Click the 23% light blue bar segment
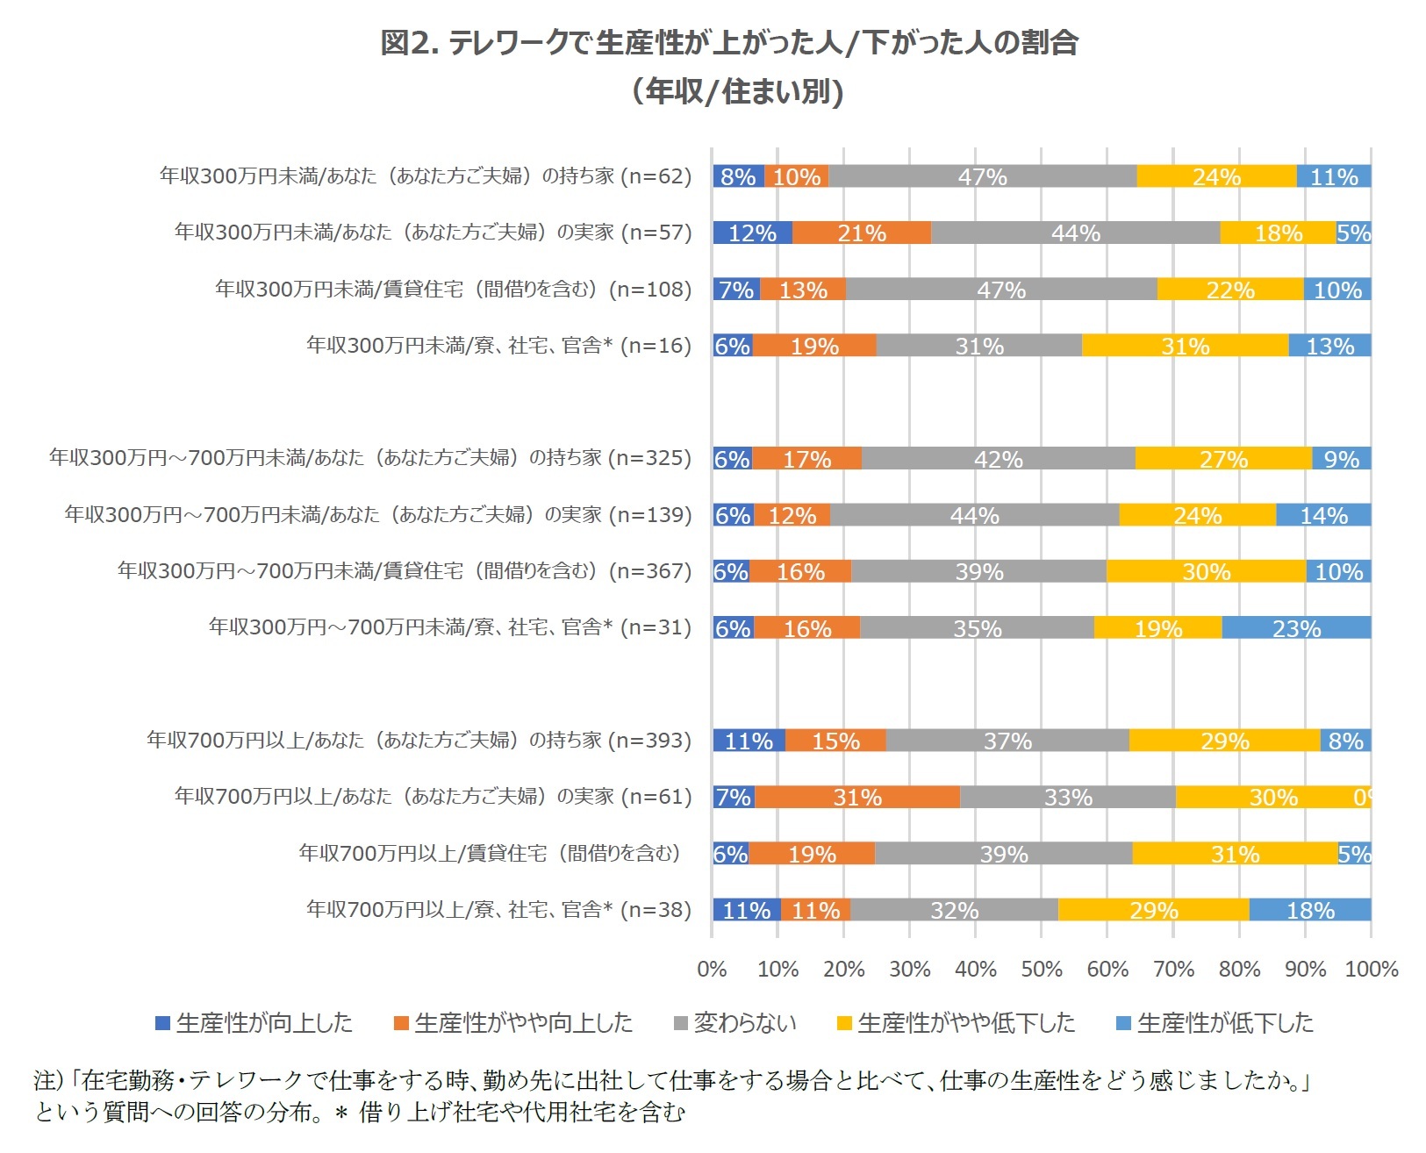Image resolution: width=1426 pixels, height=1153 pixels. pyautogui.click(x=1296, y=627)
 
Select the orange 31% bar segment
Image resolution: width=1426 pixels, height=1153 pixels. pyautogui.click(x=857, y=797)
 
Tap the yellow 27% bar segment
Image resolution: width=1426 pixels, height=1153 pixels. pyautogui.click(x=1223, y=458)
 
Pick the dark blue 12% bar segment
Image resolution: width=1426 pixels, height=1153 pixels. pyautogui.click(x=752, y=233)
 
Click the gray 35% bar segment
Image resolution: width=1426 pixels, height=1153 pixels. pyautogui.click(x=977, y=627)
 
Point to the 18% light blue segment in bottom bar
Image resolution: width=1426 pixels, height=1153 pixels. pyautogui.click(x=1309, y=910)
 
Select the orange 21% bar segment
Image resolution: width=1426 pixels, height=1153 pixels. pyautogui.click(x=862, y=233)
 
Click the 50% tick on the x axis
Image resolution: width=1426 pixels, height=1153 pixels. pyautogui.click(x=1042, y=969)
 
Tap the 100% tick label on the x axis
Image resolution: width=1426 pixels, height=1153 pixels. pyautogui.click(x=1371, y=969)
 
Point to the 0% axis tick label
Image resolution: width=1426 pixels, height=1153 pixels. pyautogui.click(x=712, y=969)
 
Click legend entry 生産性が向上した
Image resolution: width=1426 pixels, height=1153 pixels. pyautogui.click(x=254, y=1023)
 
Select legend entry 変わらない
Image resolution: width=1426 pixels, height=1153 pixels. pyautogui.click(x=735, y=1023)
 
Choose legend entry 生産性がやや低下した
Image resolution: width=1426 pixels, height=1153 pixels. pyautogui.click(x=956, y=1023)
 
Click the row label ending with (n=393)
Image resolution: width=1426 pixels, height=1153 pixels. pyautogui.click(x=419, y=740)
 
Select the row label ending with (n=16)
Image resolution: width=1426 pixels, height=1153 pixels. pyautogui.click(x=498, y=346)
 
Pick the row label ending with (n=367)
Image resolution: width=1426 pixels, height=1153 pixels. pyautogui.click(x=405, y=571)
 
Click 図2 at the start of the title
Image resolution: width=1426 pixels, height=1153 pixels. pyautogui.click(x=408, y=42)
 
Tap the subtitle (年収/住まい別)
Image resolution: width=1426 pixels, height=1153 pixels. pyautogui.click(x=737, y=91)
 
